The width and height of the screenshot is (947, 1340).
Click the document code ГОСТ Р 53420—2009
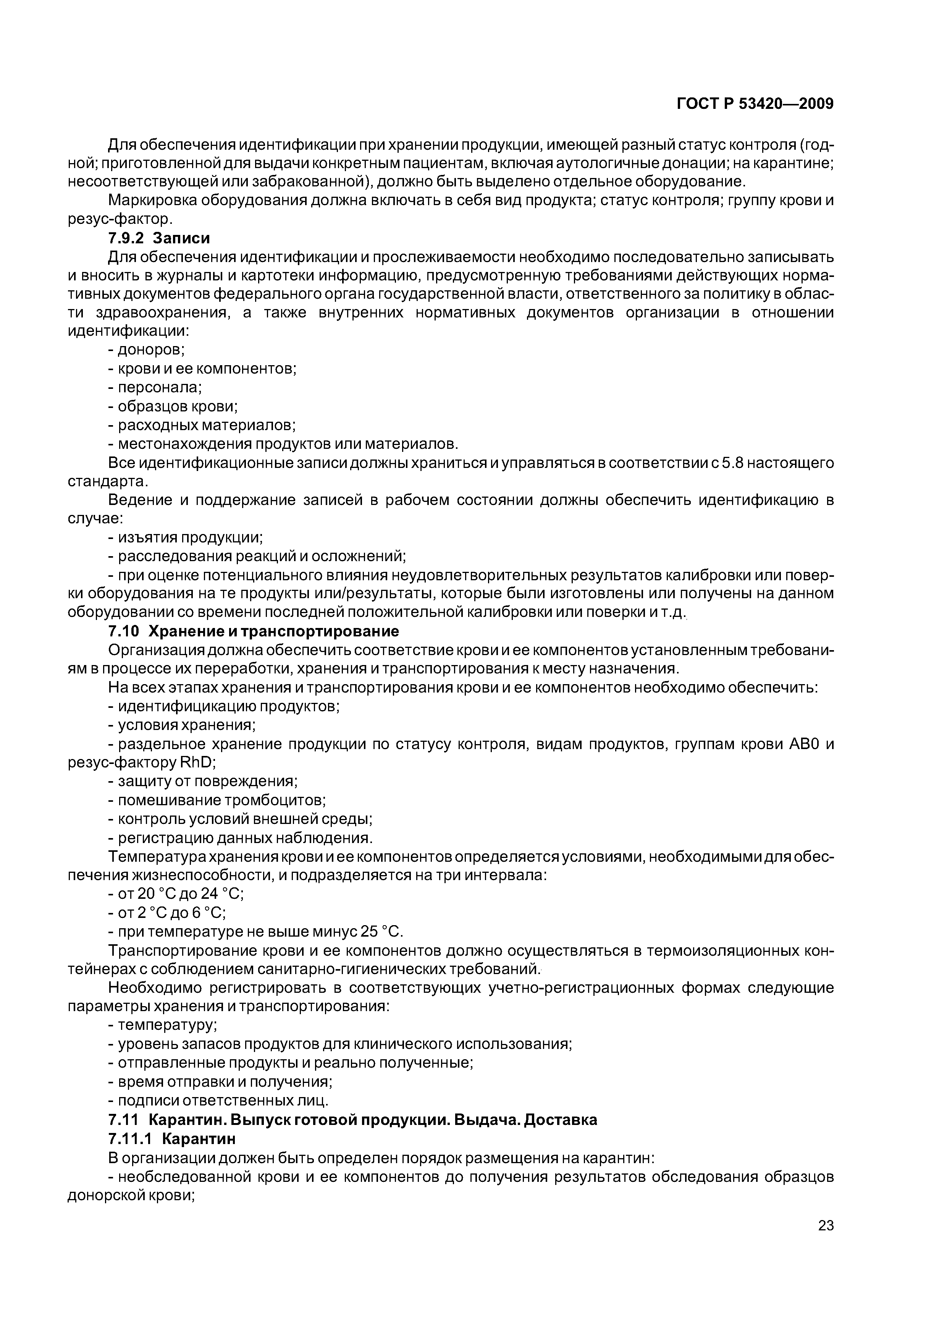point(755,104)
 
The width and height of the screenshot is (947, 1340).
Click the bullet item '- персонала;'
point(155,388)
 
